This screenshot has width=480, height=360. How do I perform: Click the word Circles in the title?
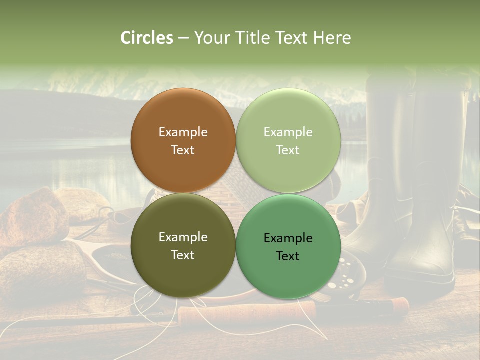pyautogui.click(x=146, y=38)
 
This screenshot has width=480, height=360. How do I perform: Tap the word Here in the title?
pyautogui.click(x=332, y=38)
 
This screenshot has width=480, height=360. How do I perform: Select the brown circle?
pyautogui.click(x=183, y=141)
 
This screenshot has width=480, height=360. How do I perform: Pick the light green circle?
pyautogui.click(x=288, y=141)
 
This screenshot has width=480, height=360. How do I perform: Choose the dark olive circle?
pyautogui.click(x=183, y=246)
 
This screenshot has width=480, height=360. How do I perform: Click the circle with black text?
pyautogui.click(x=288, y=247)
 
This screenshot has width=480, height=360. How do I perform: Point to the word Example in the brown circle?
pyautogui.click(x=183, y=132)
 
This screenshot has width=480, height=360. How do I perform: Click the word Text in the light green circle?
pyautogui.click(x=288, y=150)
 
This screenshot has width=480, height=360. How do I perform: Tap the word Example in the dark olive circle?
pyautogui.click(x=183, y=237)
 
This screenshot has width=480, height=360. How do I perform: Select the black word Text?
pyautogui.click(x=288, y=256)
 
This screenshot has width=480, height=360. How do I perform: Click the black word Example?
pyautogui.click(x=288, y=238)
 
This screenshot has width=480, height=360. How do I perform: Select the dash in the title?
pyautogui.click(x=183, y=38)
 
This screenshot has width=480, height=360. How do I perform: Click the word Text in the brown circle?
pyautogui.click(x=183, y=150)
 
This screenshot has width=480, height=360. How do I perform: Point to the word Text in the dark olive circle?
pyautogui.click(x=183, y=255)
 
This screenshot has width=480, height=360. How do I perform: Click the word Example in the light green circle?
pyautogui.click(x=288, y=132)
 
